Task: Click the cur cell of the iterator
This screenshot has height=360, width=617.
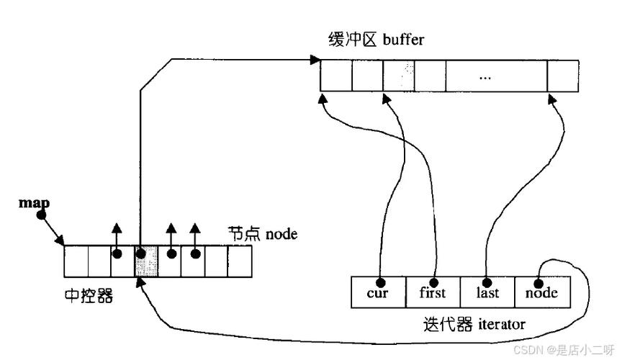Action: click(379, 292)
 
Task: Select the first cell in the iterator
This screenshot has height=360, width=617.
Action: click(433, 292)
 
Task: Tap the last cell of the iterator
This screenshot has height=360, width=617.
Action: click(487, 292)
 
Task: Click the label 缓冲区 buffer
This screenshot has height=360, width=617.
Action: click(374, 39)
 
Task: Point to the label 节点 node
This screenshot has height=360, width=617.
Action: click(262, 234)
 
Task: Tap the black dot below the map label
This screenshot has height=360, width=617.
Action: click(41, 214)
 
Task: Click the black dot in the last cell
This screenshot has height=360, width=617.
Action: click(487, 282)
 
